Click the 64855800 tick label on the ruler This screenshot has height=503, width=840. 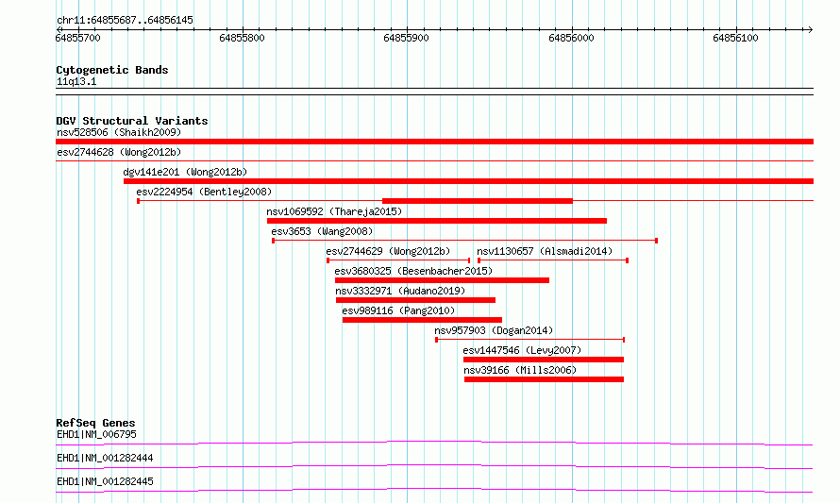[242, 39]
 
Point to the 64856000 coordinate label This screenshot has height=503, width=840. [571, 39]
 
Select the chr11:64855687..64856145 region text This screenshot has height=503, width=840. [125, 21]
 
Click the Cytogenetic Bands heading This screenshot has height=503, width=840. [112, 70]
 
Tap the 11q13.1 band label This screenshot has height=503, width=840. [76, 81]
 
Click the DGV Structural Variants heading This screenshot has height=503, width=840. [132, 121]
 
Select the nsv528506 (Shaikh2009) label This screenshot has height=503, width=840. [119, 132]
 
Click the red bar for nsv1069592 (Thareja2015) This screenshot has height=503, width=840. [437, 221]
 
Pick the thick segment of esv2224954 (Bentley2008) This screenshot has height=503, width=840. [478, 201]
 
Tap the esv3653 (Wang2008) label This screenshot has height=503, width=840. [322, 231]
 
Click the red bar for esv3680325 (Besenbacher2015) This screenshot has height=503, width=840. [442, 280]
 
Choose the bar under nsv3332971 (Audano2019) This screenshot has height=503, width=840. [415, 300]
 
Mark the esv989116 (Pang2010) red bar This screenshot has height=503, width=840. [422, 320]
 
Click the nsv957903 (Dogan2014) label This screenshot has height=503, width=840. [494, 330]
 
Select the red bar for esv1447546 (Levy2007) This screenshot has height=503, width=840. [544, 360]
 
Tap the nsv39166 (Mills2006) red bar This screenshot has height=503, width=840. [545, 379]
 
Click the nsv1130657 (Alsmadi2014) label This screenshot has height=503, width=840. [545, 251]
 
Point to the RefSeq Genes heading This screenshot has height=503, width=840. [96, 423]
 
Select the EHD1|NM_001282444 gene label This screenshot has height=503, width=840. [105, 458]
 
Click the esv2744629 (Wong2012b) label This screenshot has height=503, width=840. [389, 251]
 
